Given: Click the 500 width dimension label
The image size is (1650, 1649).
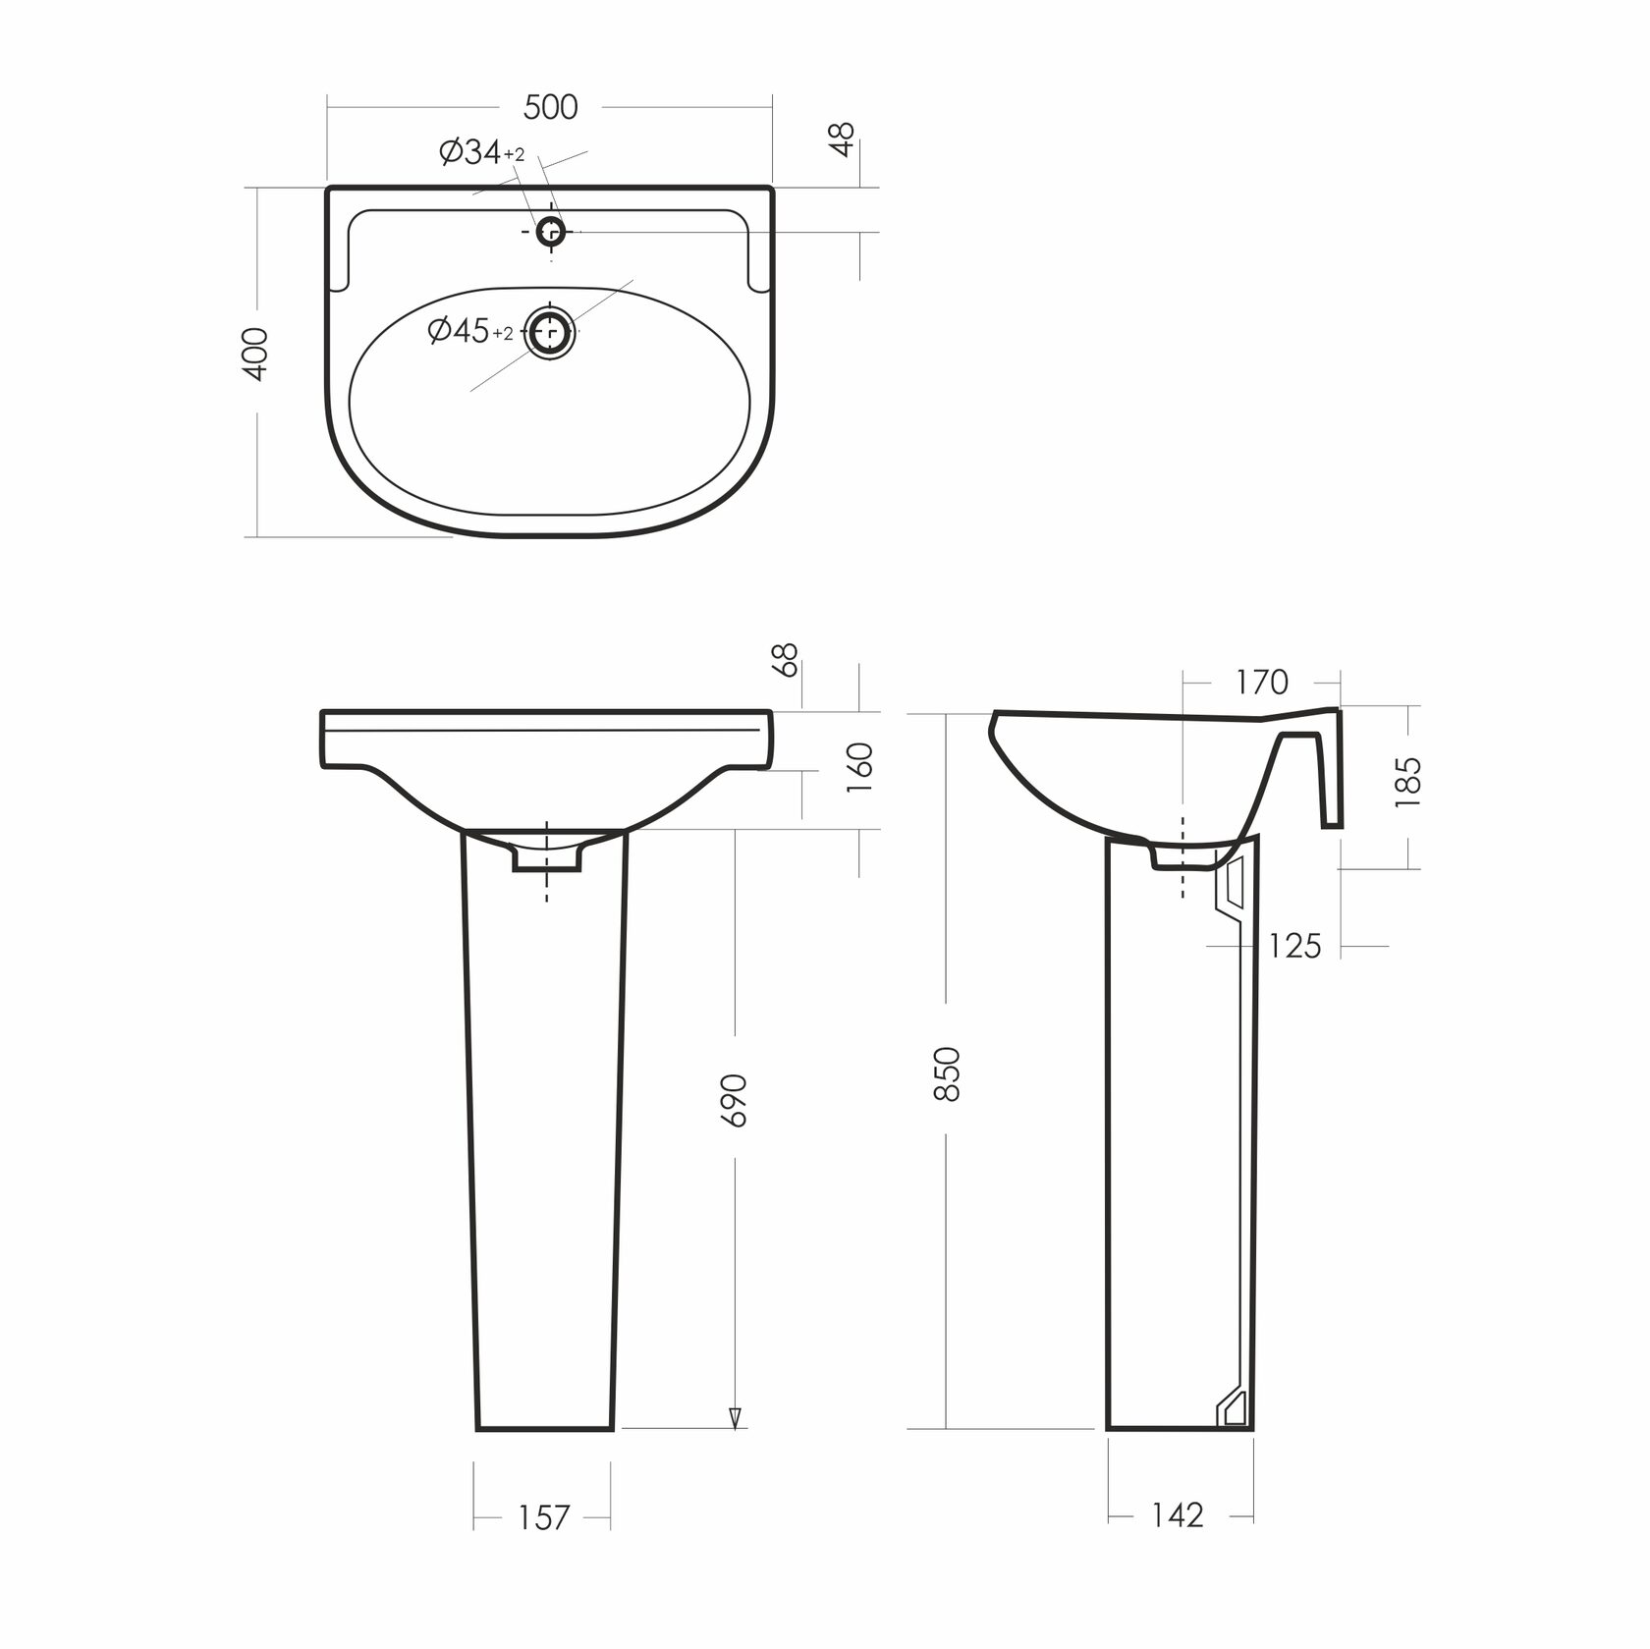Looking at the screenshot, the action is pyautogui.click(x=550, y=107).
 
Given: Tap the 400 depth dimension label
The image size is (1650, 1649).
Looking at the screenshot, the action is pyautogui.click(x=255, y=354).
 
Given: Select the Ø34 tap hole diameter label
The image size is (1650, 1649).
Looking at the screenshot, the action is pyautogui.click(x=482, y=152).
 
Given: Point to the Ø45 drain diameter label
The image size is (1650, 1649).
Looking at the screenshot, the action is pyautogui.click(x=470, y=331).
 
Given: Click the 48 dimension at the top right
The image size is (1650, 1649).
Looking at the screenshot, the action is pyautogui.click(x=843, y=138).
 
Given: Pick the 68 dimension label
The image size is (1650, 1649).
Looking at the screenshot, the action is pyautogui.click(x=788, y=660).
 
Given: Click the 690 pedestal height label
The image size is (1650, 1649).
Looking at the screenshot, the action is pyautogui.click(x=734, y=1100).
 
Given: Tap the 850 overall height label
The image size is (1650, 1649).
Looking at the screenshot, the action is pyautogui.click(x=946, y=1074).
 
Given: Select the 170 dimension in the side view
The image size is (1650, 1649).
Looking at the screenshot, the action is pyautogui.click(x=1261, y=682).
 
